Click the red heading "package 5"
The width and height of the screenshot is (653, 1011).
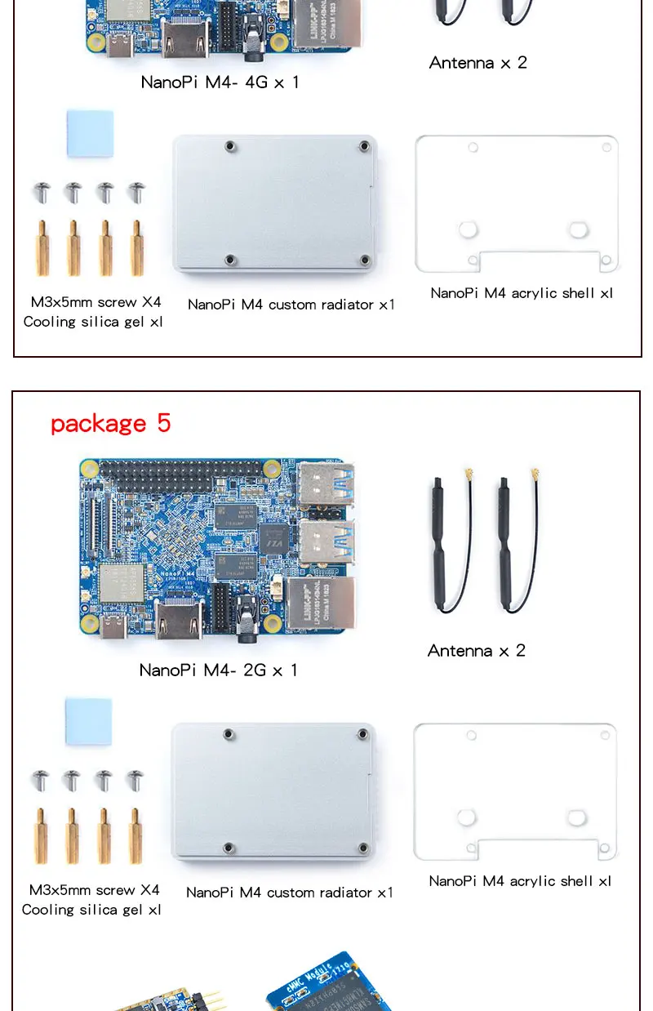tap(110, 423)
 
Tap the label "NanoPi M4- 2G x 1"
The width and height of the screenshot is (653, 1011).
tap(219, 670)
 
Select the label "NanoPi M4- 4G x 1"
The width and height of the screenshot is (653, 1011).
tap(220, 82)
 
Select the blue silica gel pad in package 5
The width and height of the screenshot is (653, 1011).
tap(88, 720)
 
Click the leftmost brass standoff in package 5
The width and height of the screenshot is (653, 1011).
tap(41, 835)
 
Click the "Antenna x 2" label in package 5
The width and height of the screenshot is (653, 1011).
tap(477, 650)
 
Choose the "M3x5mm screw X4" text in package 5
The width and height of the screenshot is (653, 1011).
tap(94, 889)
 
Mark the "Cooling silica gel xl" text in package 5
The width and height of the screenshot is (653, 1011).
tap(91, 909)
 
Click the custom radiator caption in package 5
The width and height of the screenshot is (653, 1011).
tap(290, 892)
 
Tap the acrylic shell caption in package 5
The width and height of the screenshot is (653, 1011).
tap(520, 880)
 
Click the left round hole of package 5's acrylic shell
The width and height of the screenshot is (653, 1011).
tap(467, 817)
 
